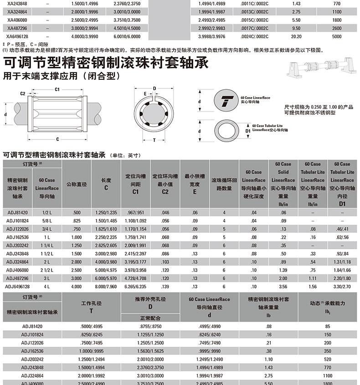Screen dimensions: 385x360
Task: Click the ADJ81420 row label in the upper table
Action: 18,212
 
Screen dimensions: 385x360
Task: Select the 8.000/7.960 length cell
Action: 106,286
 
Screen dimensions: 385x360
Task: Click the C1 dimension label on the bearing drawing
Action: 58,89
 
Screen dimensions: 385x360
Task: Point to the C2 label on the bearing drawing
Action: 23,93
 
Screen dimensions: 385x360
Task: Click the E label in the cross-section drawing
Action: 145,94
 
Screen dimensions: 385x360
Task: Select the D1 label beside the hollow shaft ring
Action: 248,131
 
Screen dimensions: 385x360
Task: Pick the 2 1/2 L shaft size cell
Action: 46,270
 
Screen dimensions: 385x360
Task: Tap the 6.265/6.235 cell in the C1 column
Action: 135,286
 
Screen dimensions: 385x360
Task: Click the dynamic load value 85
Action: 327,326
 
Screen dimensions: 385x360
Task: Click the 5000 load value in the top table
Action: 337,36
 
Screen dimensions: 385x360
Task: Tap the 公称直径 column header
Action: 77,184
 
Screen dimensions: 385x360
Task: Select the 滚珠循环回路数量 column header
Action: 224,184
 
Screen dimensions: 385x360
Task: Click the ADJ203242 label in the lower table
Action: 32,359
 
